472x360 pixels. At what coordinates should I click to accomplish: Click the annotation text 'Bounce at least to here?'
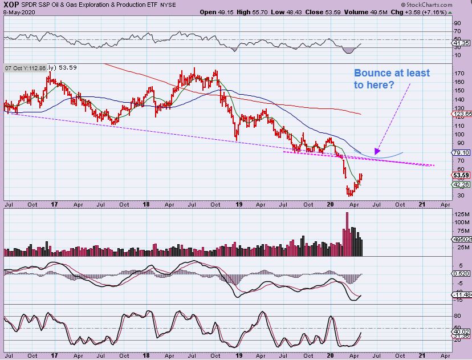click(392, 79)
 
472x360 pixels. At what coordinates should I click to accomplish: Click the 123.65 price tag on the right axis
click(461, 115)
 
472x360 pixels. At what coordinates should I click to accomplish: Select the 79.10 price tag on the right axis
click(461, 152)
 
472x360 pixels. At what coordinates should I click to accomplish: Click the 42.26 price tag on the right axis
click(461, 184)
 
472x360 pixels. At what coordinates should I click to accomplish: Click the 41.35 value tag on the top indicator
click(460, 43)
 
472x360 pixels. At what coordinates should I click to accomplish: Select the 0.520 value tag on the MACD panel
click(460, 274)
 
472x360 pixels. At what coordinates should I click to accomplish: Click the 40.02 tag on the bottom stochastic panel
click(460, 331)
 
